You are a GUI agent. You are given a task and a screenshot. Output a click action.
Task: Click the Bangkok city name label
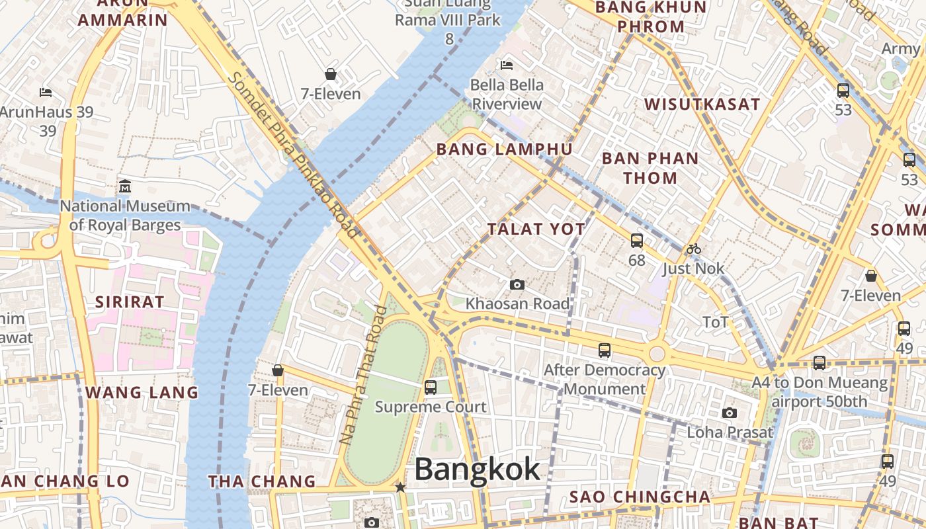pyautogui.click(x=477, y=469)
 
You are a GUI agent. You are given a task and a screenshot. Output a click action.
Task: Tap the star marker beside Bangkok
pyautogui.click(x=400, y=487)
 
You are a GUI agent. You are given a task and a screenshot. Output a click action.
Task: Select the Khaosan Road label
pyautogui.click(x=517, y=304)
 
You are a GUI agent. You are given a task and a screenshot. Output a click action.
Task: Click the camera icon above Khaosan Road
pyautogui.click(x=517, y=285)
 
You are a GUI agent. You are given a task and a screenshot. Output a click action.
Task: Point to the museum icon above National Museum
pyautogui.click(x=125, y=186)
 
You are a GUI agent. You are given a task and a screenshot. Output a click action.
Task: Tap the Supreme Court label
pyautogui.click(x=431, y=407)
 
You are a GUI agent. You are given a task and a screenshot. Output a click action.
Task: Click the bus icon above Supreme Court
pyautogui.click(x=431, y=387)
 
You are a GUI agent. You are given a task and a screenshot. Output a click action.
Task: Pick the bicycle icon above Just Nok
pyautogui.click(x=693, y=249)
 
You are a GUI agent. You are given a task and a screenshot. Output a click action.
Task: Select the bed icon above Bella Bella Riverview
pyautogui.click(x=507, y=65)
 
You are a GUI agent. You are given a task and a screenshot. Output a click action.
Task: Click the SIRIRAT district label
pyautogui.click(x=130, y=302)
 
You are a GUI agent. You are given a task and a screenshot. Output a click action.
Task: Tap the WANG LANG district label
pyautogui.click(x=142, y=392)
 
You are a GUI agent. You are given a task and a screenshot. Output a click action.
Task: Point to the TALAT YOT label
pyautogui.click(x=536, y=229)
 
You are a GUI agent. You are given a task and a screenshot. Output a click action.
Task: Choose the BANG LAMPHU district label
pyautogui.click(x=504, y=149)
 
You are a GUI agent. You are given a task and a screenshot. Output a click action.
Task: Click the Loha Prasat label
pyautogui.click(x=730, y=432)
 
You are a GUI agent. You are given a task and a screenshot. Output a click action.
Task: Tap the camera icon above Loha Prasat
pyautogui.click(x=730, y=413)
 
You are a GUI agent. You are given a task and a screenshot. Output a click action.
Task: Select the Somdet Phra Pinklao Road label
pyautogui.click(x=293, y=154)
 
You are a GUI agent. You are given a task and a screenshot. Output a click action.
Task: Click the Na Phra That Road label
pyautogui.click(x=362, y=374)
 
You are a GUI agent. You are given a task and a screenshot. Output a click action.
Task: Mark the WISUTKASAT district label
pyautogui.click(x=702, y=104)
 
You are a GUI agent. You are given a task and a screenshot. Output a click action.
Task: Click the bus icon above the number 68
pyautogui.click(x=637, y=241)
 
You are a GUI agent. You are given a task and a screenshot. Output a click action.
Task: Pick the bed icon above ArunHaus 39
pyautogui.click(x=46, y=92)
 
